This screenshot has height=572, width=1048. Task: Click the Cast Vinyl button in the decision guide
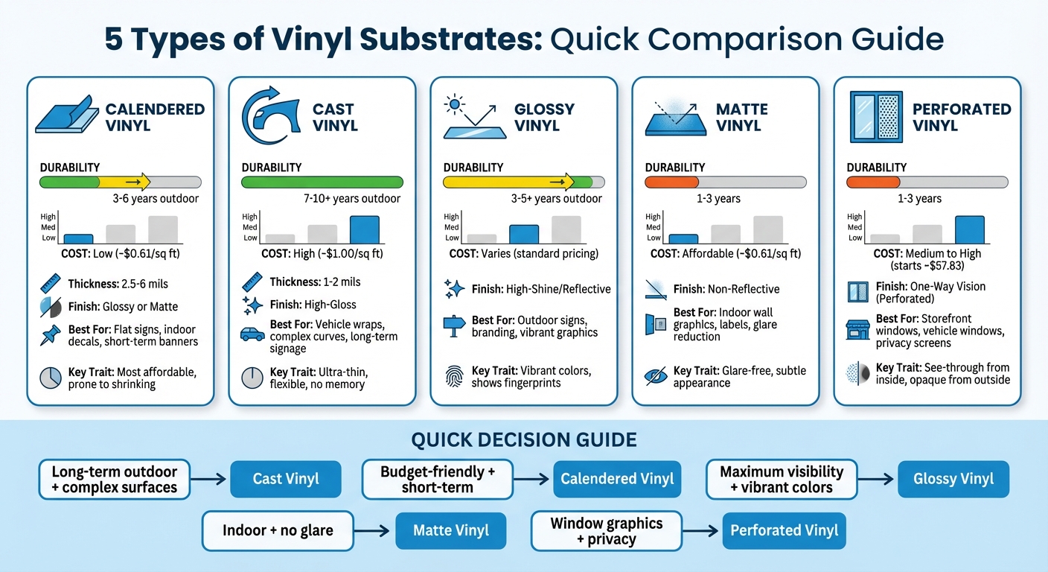pos(286,479)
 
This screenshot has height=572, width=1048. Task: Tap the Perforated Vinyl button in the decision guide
pos(784,531)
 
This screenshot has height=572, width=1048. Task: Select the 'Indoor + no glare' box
pos(278,531)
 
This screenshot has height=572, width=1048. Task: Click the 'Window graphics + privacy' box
pos(606,531)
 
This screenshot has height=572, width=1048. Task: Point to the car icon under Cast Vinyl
pos(252,334)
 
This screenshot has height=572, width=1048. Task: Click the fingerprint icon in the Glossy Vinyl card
pos(453,373)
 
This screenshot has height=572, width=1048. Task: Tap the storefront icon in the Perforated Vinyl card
pos(857,328)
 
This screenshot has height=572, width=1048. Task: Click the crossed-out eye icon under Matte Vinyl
pos(655,375)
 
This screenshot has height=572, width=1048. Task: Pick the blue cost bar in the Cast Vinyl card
pos(364,229)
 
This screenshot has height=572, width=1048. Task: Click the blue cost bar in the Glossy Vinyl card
pos(523,234)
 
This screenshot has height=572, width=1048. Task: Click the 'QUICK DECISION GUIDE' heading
pos(523,440)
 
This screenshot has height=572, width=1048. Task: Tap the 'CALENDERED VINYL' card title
pos(155,117)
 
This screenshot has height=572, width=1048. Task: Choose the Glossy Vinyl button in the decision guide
pos(953,479)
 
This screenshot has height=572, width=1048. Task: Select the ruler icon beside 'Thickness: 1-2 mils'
pos(252,282)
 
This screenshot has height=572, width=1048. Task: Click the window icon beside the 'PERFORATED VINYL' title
pos(875,117)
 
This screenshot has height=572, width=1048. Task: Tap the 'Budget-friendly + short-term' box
pos(437,479)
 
